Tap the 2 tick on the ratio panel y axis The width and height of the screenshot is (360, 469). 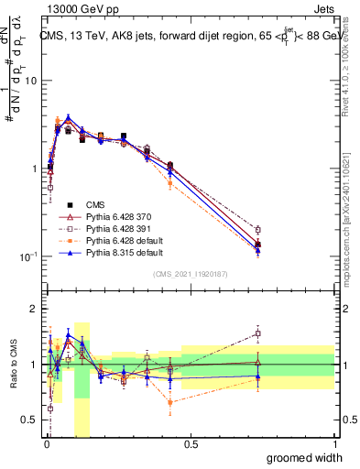pos(36,309)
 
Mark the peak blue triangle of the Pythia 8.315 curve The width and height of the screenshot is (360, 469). pos(68,117)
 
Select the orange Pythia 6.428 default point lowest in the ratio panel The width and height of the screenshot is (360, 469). pos(170,402)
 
